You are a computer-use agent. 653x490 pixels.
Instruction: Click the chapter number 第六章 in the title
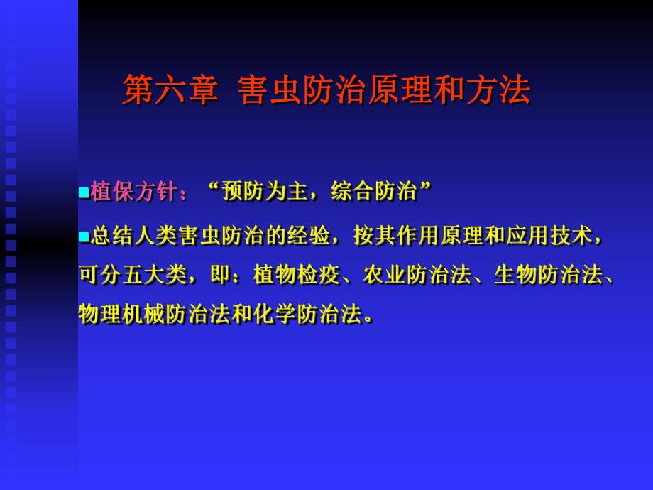(170, 91)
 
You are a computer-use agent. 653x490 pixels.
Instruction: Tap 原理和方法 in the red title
(449, 91)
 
